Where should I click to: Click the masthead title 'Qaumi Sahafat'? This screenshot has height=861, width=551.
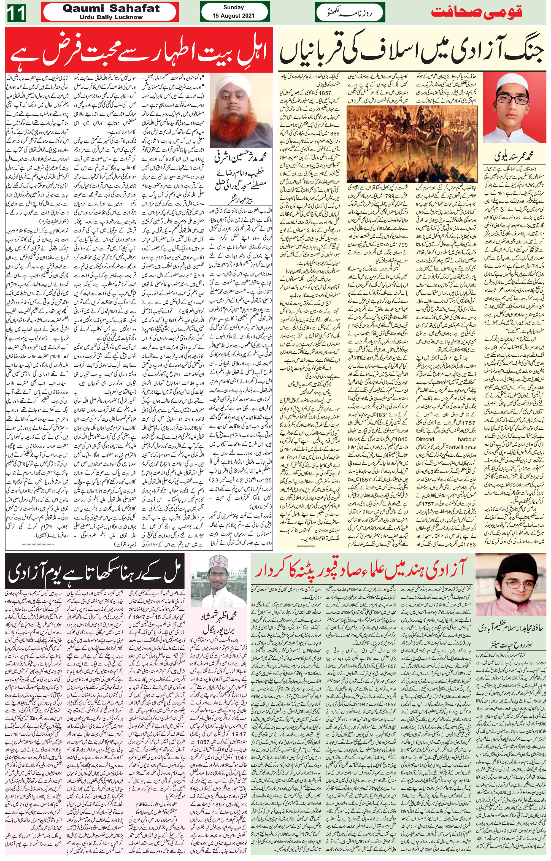111,9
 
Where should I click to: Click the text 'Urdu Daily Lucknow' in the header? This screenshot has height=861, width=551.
111,17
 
